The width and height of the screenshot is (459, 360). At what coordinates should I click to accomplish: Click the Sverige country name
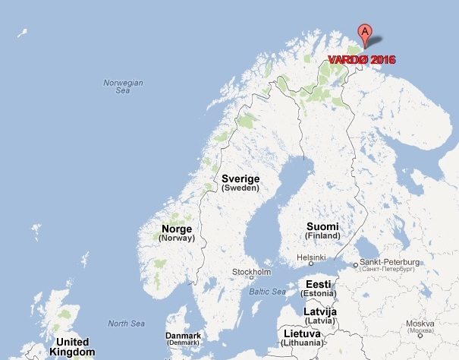[241, 178]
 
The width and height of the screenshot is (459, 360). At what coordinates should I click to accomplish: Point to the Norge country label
[177, 229]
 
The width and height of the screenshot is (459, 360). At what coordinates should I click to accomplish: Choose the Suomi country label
[323, 226]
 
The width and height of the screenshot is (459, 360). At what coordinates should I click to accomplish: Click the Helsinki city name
[311, 258]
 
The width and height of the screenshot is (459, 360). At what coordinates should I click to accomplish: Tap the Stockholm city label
[251, 272]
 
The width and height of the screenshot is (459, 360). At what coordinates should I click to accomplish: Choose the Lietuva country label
[302, 333]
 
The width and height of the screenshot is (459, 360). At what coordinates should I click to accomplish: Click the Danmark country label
[184, 336]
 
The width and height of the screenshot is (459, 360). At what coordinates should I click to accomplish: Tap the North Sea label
[126, 324]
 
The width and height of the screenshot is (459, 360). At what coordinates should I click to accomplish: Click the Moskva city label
[420, 324]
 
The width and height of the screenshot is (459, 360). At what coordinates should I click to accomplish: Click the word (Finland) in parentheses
[323, 236]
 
